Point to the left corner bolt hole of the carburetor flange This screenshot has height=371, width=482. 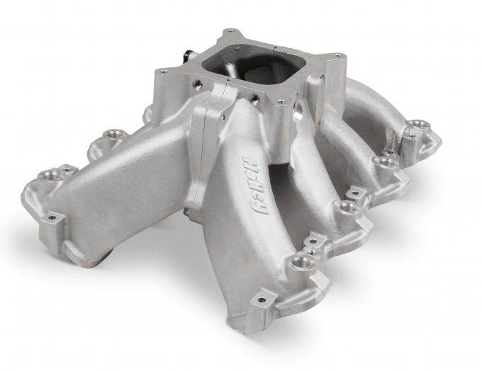tap(164, 72)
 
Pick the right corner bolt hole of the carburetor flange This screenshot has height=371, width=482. tap(340, 56)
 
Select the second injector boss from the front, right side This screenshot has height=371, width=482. tap(345, 207)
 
